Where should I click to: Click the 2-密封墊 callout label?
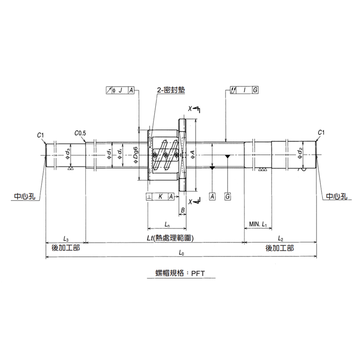coord(171,90)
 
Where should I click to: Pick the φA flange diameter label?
coord(192,155)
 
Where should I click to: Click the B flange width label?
coord(183,210)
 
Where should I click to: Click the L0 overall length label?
coord(181,253)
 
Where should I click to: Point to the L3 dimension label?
coord(66,239)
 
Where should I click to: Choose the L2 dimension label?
coord(281,239)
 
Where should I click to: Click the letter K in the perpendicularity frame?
coord(160,197)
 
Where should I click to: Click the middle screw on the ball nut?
coord(165,155)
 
